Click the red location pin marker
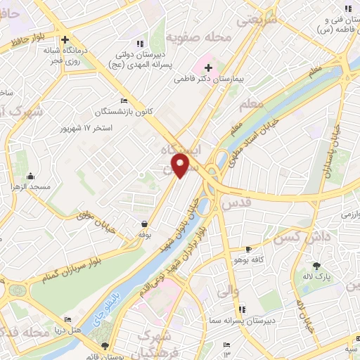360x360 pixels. click(x=181, y=166)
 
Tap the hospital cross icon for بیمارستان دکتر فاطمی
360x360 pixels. click(x=208, y=67)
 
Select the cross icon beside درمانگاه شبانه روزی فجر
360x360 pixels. click(x=65, y=40)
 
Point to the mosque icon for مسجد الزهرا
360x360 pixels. click(x=30, y=176)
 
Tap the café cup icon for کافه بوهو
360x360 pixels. click(x=248, y=250)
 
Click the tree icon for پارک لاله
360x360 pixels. click(x=317, y=266)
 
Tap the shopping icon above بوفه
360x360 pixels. click(x=143, y=224)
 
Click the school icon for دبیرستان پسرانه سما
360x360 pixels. click(x=242, y=309)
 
